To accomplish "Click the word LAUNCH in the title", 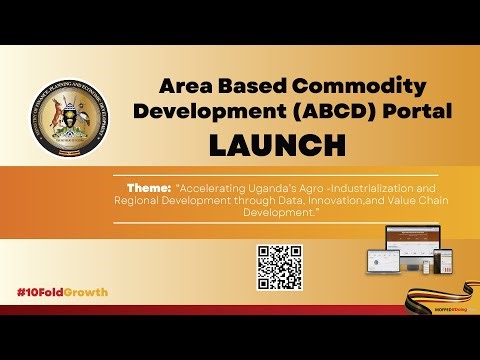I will point(277,145).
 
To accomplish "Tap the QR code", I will point(279,267).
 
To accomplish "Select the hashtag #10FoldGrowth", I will point(62,292).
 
